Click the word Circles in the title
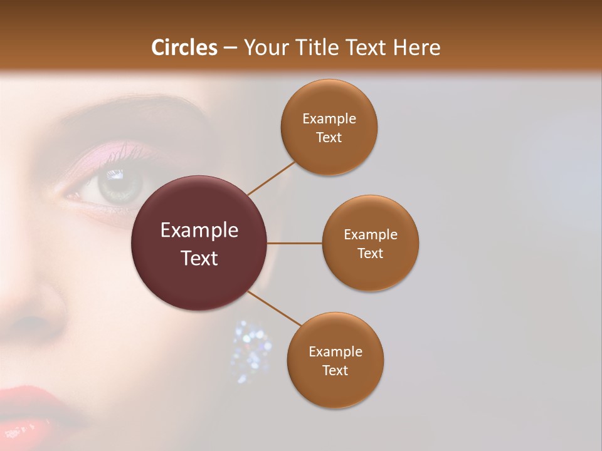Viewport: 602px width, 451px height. [x=184, y=48]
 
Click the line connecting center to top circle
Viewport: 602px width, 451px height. [x=271, y=177]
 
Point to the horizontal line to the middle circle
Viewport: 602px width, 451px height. [x=295, y=243]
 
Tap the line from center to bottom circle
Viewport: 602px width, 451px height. [x=274, y=308]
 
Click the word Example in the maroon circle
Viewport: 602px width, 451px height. [x=199, y=231]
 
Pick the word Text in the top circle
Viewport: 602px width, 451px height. [x=329, y=138]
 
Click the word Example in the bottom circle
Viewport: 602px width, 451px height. [x=335, y=351]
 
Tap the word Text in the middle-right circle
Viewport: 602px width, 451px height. [x=371, y=253]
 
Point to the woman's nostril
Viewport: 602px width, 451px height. [x=31, y=326]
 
